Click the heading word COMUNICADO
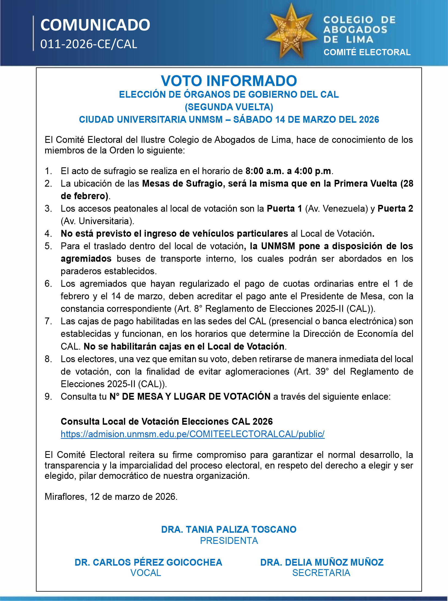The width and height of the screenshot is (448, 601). point(95,25)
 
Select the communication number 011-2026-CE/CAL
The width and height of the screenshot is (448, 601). point(89,44)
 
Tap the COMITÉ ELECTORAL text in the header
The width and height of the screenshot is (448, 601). point(367,52)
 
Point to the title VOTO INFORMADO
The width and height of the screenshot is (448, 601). point(229,81)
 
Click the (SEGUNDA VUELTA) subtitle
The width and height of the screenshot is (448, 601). point(229,107)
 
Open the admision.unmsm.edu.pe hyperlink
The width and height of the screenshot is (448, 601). point(192,434)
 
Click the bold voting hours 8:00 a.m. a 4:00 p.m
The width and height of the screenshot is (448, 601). point(288,171)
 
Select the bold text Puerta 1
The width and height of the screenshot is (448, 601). point(284,208)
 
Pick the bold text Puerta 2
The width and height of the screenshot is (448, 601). point(395,208)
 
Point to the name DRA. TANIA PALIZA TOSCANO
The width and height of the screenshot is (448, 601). point(229,529)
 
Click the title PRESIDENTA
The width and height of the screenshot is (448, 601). point(229,541)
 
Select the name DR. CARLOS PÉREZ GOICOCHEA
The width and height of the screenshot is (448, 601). point(148,562)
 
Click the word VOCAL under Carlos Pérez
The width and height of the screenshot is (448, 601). point(146,573)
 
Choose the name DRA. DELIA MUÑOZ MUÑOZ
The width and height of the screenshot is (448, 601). point(322,562)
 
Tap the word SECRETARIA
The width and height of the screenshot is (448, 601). point(321,573)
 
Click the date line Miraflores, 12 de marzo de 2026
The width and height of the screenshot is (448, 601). point(111,497)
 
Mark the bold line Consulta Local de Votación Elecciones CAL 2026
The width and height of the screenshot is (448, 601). point(167,421)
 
